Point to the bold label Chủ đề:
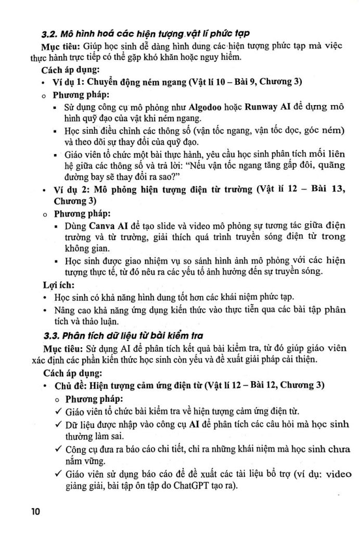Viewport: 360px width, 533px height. tap(71, 386)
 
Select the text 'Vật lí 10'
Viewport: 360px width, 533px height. tap(196, 82)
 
